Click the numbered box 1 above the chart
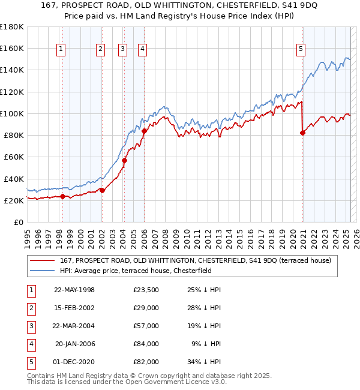tap(62, 50)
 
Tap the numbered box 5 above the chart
tap(301, 50)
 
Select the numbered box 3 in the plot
tap(122, 50)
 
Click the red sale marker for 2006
tap(145, 130)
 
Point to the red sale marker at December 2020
tap(302, 133)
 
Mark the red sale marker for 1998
tap(62, 196)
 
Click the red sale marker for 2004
tap(125, 160)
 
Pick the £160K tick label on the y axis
tap(12, 48)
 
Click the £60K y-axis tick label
tap(14, 157)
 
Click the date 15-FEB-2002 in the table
tap(74, 308)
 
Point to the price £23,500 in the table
tap(146, 290)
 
